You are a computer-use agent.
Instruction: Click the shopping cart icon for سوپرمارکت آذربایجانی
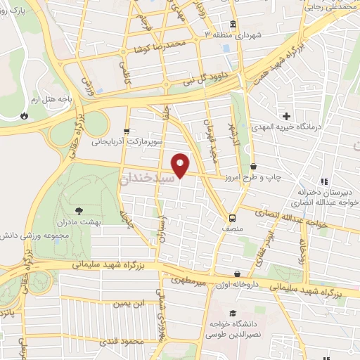126,131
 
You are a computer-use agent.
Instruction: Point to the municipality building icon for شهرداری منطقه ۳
233,22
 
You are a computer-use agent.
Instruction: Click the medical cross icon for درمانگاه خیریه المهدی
285,115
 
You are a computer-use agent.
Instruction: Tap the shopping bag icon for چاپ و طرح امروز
253,167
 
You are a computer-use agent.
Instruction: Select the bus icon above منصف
233,217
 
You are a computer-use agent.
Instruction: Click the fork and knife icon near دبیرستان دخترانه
324,180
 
